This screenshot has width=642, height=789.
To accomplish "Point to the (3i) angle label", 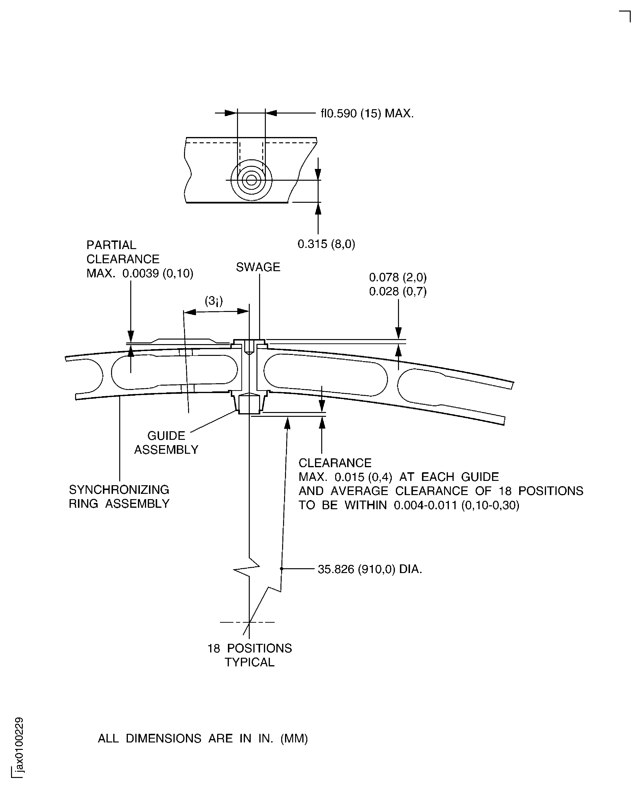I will pos(214,301).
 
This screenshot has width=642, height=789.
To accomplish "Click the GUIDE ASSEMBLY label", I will pos(166,442).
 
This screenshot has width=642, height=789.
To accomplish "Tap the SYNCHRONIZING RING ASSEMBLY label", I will pos(119,496).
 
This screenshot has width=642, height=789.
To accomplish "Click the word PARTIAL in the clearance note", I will pos(111,245).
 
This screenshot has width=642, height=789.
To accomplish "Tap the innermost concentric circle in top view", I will pos(251,180).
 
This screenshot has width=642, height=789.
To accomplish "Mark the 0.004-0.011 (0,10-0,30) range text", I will pos(456,505).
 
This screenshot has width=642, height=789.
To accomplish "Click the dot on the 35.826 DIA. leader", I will pos(281,568).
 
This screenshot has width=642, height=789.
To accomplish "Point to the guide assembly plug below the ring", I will pos(249,404).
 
